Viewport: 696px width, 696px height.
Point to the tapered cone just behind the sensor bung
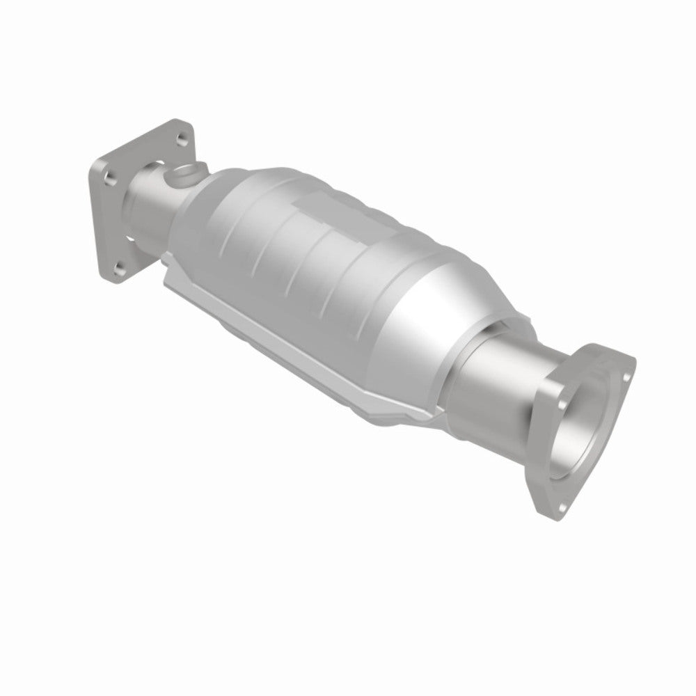[209, 195]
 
